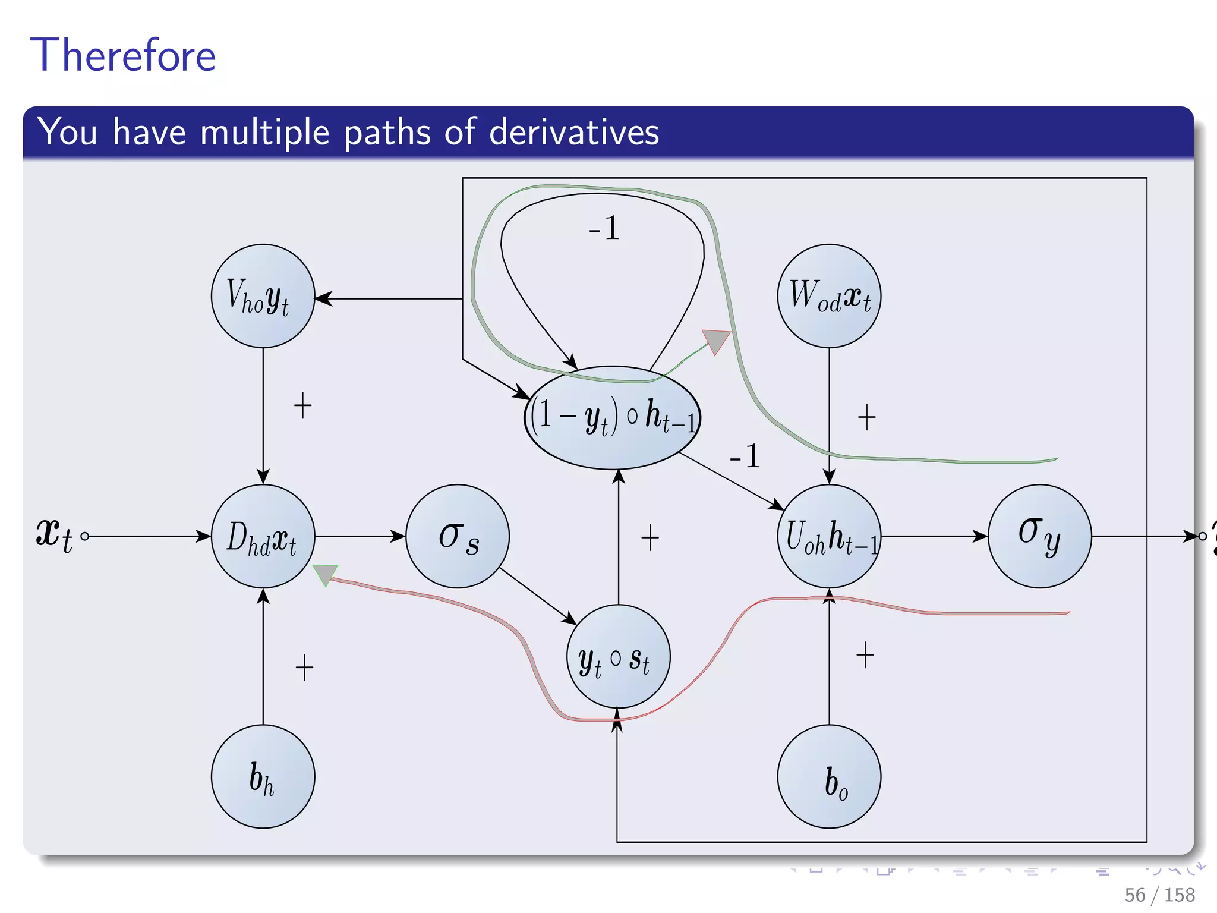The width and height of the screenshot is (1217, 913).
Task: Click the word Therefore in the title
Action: [x=123, y=55]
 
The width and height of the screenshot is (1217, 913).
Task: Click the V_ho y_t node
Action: [x=263, y=296]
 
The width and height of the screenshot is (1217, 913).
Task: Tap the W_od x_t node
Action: [x=829, y=296]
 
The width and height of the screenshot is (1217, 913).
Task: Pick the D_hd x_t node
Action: [x=263, y=536]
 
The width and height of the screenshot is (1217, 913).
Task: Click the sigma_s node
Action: [x=458, y=536]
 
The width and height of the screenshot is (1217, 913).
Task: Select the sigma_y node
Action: [x=1039, y=536]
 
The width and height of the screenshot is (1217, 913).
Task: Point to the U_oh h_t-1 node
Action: [x=829, y=536]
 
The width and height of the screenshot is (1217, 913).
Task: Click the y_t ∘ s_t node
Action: [x=618, y=657]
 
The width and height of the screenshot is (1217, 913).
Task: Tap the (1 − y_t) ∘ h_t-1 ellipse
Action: [x=613, y=417]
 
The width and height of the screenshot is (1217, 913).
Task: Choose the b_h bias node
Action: [x=263, y=776]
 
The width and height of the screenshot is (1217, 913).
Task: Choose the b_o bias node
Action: [x=829, y=776]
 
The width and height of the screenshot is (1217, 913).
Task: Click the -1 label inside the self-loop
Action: [x=604, y=228]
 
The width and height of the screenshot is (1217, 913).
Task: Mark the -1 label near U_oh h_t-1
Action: [x=745, y=456]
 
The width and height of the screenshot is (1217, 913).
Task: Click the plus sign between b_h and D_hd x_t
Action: [x=304, y=668]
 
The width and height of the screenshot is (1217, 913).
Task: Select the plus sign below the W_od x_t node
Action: [x=866, y=417]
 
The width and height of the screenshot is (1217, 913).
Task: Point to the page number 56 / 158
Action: [x=1159, y=895]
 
